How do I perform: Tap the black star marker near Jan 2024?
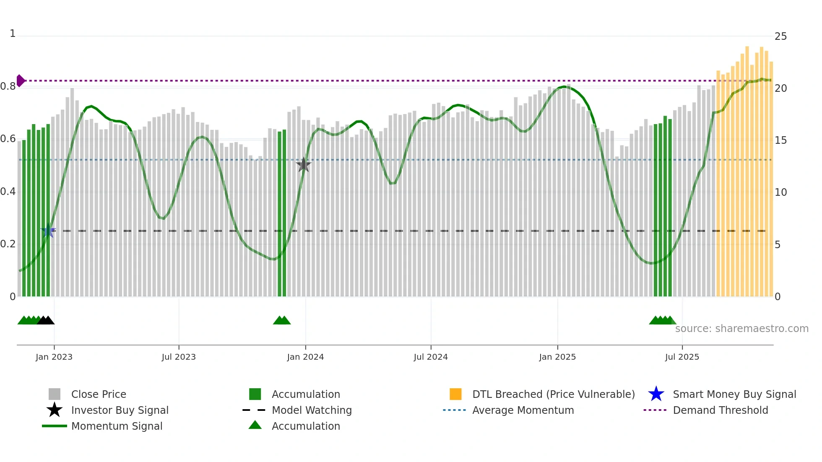pyautogui.click(x=304, y=165)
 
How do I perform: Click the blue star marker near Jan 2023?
pyautogui.click(x=48, y=231)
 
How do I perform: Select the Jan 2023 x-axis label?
pyautogui.click(x=54, y=357)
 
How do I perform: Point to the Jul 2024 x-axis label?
pyautogui.click(x=431, y=357)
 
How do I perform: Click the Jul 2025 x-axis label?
pyautogui.click(x=682, y=357)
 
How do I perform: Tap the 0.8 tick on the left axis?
pyautogui.click(x=8, y=86)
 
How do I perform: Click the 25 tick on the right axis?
pyautogui.click(x=780, y=36)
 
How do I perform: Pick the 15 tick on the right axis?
pyautogui.click(x=780, y=140)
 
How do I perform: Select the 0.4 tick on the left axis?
pyautogui.click(x=8, y=192)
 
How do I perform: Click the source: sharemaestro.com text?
pyautogui.click(x=741, y=329)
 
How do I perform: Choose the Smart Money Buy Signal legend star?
pyautogui.click(x=656, y=394)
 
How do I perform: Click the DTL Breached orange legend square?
pyautogui.click(x=455, y=394)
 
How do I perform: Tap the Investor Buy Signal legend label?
pyautogui.click(x=120, y=410)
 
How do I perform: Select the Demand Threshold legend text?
pyautogui.click(x=720, y=410)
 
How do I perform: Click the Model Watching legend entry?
pyautogui.click(x=311, y=410)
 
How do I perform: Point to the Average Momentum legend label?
pyautogui.click(x=523, y=410)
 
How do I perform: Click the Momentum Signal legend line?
pyautogui.click(x=55, y=426)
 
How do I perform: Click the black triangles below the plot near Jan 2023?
pyautogui.click(x=46, y=321)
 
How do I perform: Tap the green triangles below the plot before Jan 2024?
pyautogui.click(x=282, y=321)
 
